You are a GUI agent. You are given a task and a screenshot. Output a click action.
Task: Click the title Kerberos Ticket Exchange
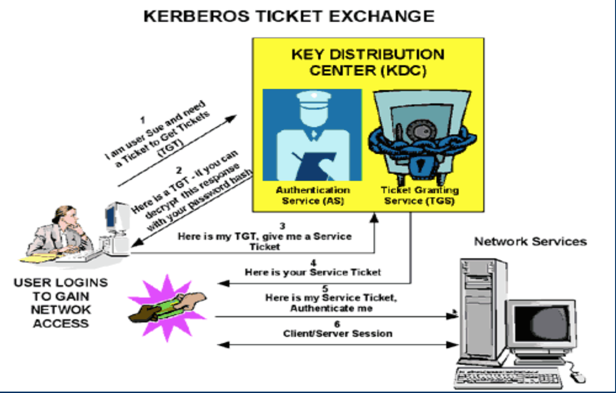[x=289, y=16]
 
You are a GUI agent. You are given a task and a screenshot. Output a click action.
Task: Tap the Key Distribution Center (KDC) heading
[x=368, y=62]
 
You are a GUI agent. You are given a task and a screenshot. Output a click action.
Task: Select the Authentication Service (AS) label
[x=313, y=195]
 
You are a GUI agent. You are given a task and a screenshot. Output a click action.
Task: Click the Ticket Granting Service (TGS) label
[x=420, y=195]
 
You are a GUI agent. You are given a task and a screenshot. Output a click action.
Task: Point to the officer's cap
[x=314, y=99]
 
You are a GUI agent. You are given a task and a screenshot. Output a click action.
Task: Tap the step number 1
[x=143, y=120]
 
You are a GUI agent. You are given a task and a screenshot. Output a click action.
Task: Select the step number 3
[x=282, y=226]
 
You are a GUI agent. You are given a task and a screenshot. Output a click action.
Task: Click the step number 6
[x=337, y=324]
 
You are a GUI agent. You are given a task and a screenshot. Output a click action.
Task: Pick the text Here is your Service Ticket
[x=313, y=272]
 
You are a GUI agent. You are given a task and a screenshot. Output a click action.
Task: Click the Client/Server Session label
[x=338, y=333]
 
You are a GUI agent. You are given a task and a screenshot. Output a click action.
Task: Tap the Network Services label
[x=531, y=242]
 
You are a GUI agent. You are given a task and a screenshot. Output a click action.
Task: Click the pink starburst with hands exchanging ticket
[x=167, y=308]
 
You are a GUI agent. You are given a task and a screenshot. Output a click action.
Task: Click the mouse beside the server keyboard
[x=578, y=377]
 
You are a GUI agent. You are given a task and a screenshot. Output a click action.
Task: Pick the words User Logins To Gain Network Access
[x=61, y=303]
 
